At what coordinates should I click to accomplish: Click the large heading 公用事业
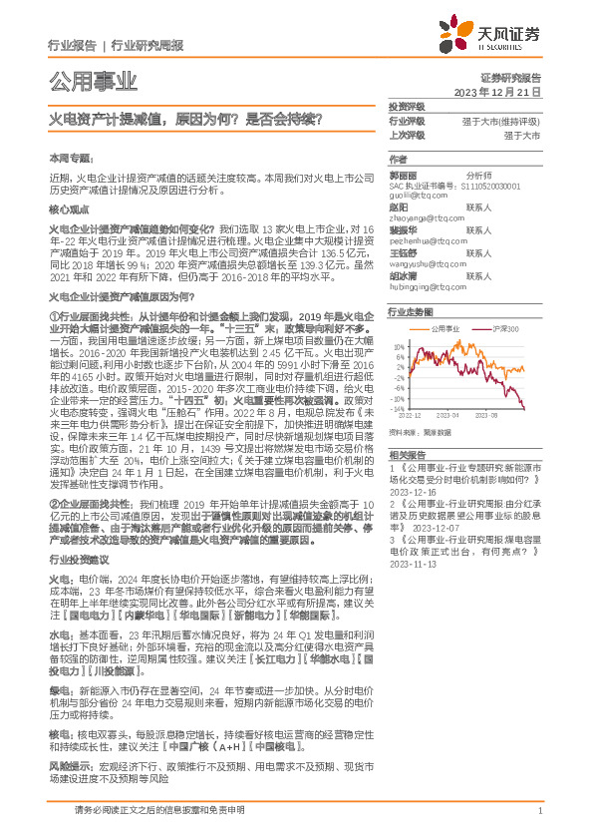click(x=93, y=81)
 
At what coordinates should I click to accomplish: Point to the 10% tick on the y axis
click(x=399, y=347)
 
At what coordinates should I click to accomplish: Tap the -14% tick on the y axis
click(x=398, y=409)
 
